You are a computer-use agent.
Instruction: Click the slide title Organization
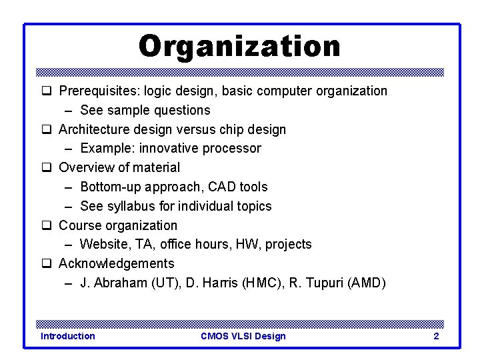[239, 47]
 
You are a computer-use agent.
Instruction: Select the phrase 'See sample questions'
[145, 110]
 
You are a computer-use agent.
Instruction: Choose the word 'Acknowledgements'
[117, 263]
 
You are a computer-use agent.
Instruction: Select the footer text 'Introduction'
[67, 336]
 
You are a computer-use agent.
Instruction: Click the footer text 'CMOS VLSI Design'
[243, 336]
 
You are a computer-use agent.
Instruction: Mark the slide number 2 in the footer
[436, 336]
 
